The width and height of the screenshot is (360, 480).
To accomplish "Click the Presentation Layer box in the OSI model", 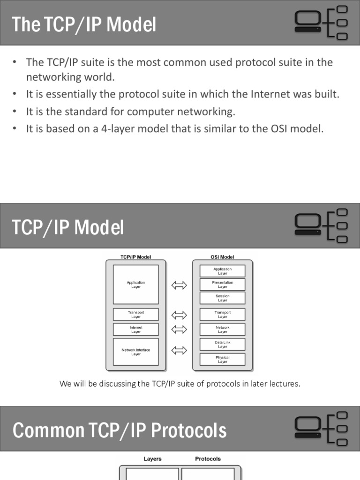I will (223, 285).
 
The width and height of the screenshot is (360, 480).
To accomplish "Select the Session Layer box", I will (223, 298).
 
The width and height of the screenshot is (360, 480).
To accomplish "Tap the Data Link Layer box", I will (223, 345).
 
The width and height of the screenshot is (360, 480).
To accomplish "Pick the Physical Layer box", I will (223, 360).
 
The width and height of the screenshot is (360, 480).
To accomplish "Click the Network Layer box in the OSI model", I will (223, 330).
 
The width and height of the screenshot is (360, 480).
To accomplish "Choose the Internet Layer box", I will (136, 330).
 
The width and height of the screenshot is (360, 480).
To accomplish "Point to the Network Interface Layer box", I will (136, 352).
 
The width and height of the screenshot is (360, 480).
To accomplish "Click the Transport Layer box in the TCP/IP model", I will (136, 315).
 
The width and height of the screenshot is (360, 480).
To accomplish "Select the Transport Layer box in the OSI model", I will (223, 315).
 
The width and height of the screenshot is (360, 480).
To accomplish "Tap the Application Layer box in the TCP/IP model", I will (136, 285).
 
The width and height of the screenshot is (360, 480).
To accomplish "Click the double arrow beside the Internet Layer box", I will (179, 330).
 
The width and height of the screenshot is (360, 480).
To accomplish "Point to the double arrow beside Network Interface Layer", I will (179, 350).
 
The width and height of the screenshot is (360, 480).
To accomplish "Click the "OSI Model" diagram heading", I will (223, 257).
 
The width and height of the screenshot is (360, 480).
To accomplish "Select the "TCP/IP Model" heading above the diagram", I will (136, 257).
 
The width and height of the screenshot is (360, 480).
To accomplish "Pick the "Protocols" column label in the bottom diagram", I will (208, 459).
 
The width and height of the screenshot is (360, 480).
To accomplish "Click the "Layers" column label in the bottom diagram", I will (152, 459).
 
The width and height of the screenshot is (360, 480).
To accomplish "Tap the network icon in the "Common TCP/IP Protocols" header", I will (321, 428).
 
